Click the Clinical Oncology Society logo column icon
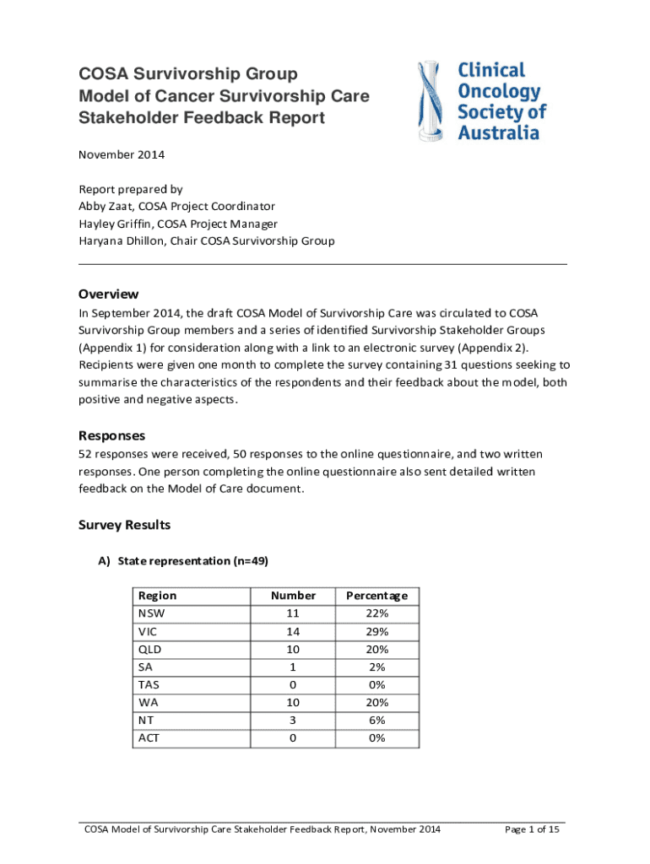(x=431, y=100)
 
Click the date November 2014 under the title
(x=122, y=154)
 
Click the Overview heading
(x=108, y=294)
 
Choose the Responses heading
(x=111, y=436)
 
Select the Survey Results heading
(x=124, y=525)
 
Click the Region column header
(x=157, y=596)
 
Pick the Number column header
(x=293, y=596)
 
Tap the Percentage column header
(x=377, y=596)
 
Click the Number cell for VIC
(x=293, y=631)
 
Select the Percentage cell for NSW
(x=377, y=613)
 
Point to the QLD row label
(x=149, y=649)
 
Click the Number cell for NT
(x=293, y=720)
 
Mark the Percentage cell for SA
(x=377, y=667)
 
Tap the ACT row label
(x=149, y=737)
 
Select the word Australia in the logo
(x=498, y=132)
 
